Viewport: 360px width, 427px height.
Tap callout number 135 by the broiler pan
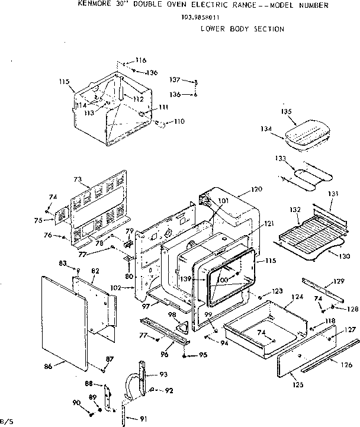(x=286, y=111)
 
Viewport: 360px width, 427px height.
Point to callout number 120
(x=256, y=190)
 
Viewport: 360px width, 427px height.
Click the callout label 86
(x=49, y=367)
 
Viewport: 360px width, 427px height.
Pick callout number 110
(x=179, y=121)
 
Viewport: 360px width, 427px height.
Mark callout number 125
(x=297, y=385)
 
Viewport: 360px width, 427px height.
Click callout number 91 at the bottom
(x=143, y=419)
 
